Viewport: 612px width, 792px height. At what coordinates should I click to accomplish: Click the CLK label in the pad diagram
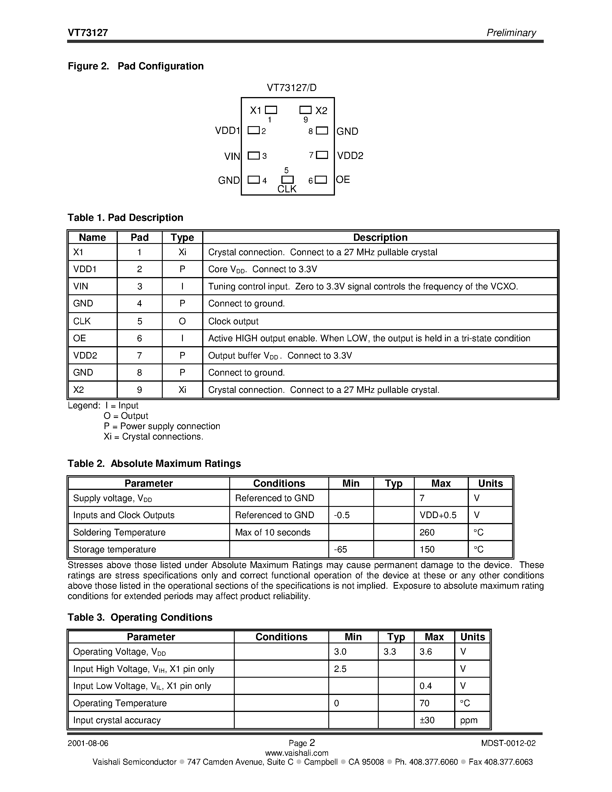[287, 189]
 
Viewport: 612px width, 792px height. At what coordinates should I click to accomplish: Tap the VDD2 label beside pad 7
[350, 156]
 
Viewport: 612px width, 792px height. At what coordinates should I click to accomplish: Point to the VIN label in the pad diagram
[232, 156]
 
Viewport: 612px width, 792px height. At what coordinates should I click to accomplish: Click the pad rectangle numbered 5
[287, 179]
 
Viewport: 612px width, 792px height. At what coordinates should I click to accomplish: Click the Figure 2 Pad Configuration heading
[136, 66]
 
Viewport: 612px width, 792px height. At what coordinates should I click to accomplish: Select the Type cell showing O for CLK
[182, 321]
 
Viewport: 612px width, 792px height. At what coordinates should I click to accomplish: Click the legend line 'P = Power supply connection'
[162, 426]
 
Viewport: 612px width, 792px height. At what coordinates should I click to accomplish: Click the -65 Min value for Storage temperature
[340, 550]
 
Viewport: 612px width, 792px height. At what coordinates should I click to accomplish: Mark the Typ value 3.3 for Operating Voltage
[389, 652]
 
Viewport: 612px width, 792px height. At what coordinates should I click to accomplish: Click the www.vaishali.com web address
[297, 753]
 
